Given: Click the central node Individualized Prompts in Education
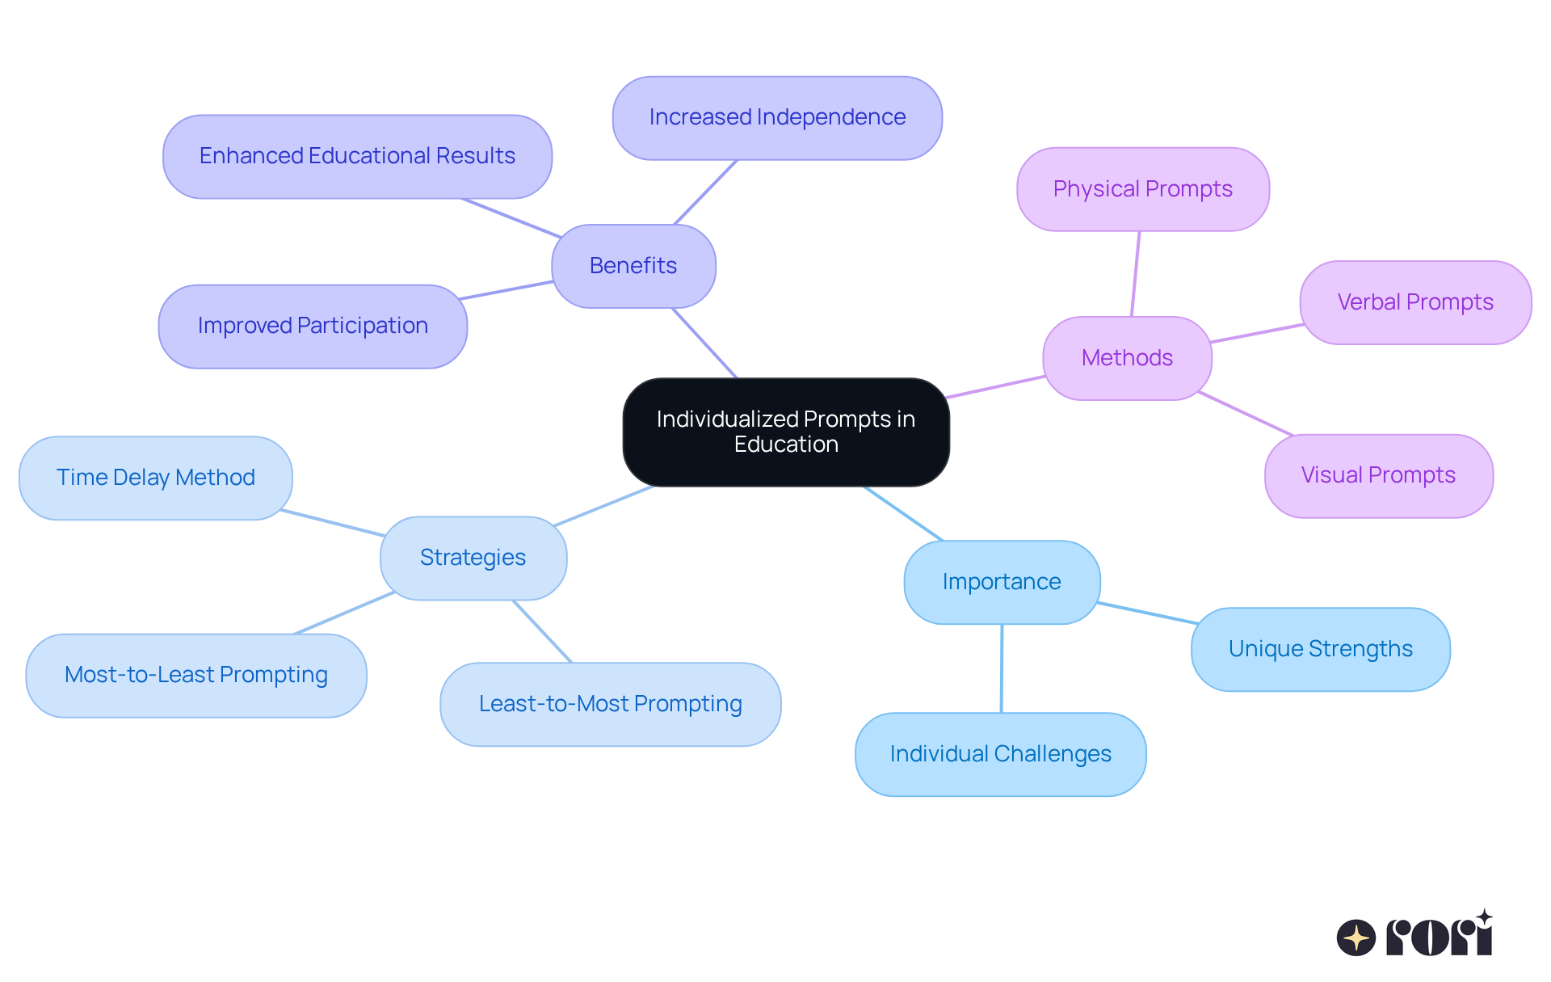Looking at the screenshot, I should (785, 432).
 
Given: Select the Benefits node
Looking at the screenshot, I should (633, 266).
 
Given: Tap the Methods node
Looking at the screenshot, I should (1127, 358).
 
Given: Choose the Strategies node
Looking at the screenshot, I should (473, 558).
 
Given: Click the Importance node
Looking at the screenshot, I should (1002, 582).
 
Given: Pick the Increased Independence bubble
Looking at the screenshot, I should (777, 118).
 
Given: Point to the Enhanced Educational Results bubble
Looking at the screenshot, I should (357, 156).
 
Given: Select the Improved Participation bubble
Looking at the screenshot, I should (313, 326).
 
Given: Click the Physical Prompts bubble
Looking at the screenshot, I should (1142, 189).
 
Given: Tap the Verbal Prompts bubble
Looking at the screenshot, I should (1415, 302).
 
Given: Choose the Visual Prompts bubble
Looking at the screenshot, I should (1378, 475).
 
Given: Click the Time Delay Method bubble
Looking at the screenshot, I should (156, 478).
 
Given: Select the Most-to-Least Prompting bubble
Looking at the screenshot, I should (196, 675).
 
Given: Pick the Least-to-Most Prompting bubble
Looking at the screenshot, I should (610, 704).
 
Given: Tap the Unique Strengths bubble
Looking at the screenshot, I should (1320, 649).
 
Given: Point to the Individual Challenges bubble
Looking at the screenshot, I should (1000, 754).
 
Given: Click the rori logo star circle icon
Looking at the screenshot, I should (1356, 938).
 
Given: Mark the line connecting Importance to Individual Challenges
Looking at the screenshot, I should (1002, 668).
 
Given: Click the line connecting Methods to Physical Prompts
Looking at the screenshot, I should (1136, 273).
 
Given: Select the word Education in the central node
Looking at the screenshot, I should (786, 445).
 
